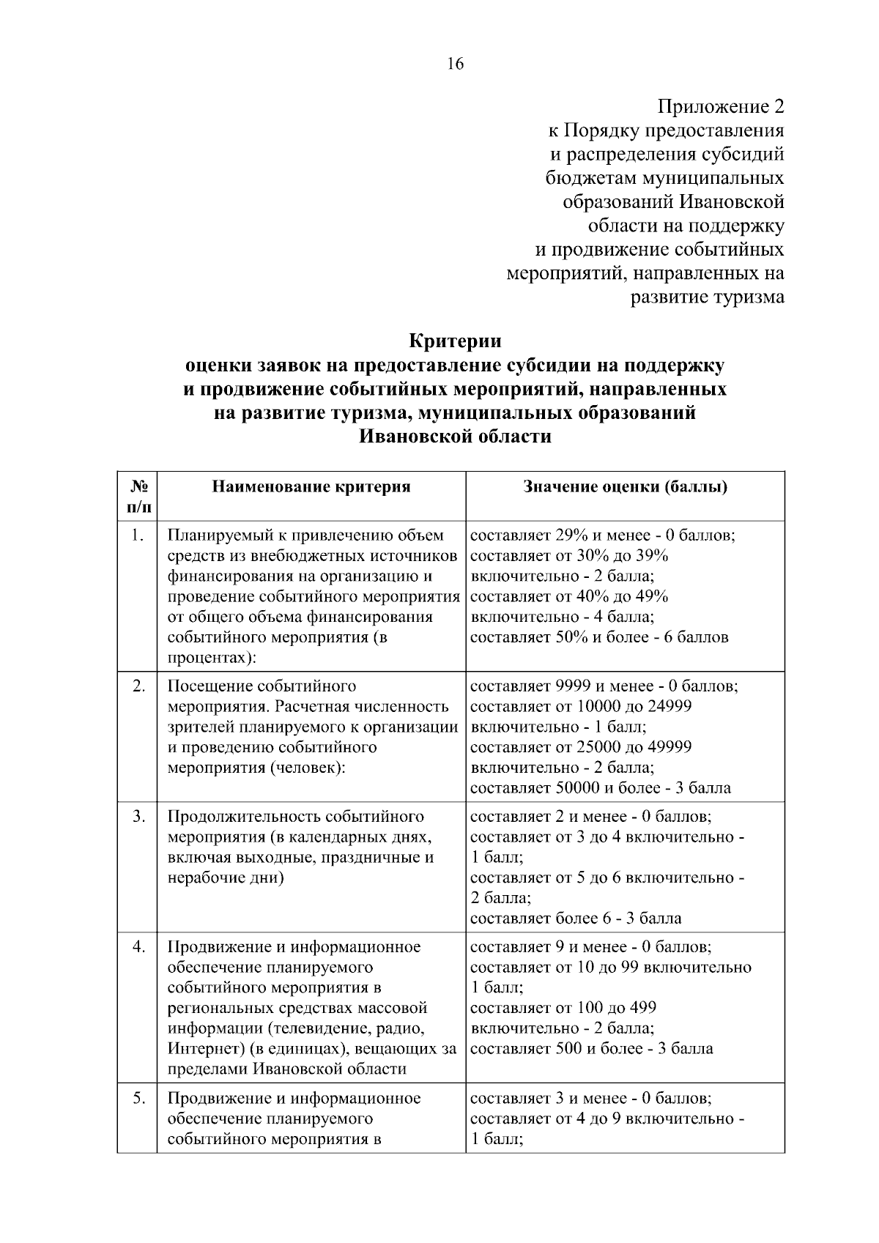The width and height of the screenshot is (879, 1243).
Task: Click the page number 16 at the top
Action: point(454,64)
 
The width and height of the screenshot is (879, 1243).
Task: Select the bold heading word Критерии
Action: point(454,341)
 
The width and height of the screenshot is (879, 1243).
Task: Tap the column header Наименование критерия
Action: point(311,487)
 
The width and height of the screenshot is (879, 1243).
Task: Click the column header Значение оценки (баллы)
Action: point(625,487)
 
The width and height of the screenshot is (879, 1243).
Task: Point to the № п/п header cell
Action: point(137,496)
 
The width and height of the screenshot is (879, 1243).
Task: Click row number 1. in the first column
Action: point(137,535)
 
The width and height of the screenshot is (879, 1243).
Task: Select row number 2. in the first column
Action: point(138,686)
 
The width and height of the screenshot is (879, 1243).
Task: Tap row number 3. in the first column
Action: point(138,816)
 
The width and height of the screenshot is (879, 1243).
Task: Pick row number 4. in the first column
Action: point(138,946)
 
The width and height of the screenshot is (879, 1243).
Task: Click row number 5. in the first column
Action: point(138,1098)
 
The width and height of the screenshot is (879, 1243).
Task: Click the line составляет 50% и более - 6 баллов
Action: point(598,637)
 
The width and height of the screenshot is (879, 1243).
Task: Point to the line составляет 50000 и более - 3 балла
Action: point(600,788)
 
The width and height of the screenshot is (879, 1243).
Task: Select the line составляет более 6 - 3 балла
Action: point(575,918)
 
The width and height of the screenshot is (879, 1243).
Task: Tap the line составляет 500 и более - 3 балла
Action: point(590,1048)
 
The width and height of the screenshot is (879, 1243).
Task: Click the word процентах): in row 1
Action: point(212,657)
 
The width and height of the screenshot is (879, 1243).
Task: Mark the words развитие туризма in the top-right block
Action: point(707,297)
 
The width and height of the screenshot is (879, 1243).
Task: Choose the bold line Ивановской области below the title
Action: point(454,437)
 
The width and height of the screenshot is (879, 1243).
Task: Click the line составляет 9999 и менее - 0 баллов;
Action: point(604,686)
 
